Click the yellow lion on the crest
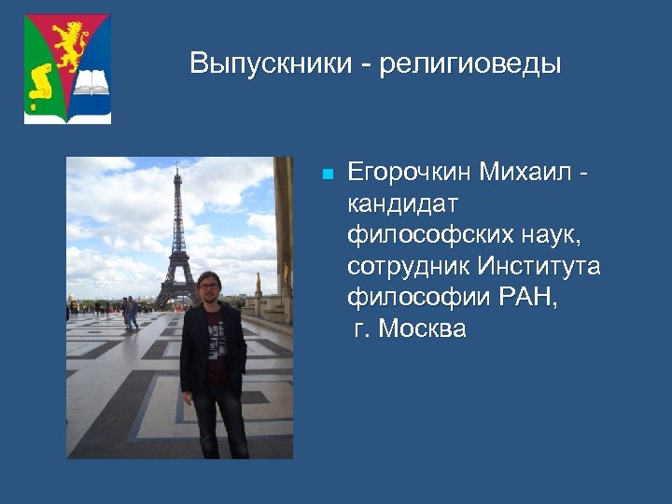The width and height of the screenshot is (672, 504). [69, 48]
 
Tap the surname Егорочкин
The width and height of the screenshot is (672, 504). [409, 173]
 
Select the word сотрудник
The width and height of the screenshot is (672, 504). [407, 267]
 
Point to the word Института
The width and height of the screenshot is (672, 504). [539, 267]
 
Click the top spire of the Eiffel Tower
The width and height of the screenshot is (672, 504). [176, 169]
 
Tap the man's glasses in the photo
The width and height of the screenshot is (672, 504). [208, 284]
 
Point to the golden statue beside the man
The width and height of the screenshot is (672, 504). [258, 281]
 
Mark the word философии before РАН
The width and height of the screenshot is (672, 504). [415, 298]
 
